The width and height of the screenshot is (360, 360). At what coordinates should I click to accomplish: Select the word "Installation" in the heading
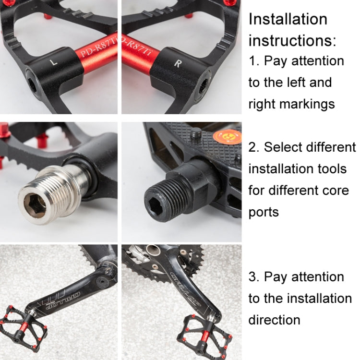point(288,19)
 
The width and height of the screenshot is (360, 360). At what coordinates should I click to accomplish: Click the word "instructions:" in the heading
point(292,40)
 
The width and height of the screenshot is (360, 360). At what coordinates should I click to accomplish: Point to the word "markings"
point(308,104)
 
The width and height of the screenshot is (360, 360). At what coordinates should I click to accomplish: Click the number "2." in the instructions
point(254,147)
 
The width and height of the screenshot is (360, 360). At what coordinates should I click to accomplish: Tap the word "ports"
point(264,212)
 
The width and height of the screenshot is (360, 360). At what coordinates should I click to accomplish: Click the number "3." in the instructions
point(254,276)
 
